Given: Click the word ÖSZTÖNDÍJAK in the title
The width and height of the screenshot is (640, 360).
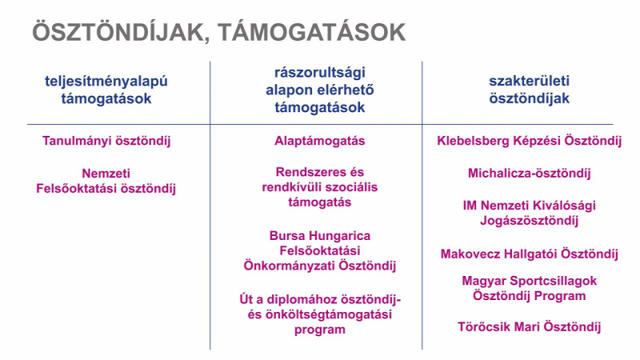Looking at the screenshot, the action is pos(118,31).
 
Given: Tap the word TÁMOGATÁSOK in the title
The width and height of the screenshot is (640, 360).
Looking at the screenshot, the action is pos(311,31).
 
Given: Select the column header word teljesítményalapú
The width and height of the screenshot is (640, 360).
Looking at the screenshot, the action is pos(106,82).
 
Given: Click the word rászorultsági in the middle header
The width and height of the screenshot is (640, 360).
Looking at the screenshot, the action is pos(319,73).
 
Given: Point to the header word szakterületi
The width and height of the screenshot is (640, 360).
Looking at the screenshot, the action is pos(529,81).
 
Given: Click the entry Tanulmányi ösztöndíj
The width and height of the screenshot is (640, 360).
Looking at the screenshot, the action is pos(106,142).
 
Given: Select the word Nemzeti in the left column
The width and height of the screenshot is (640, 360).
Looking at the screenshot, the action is pos(106,174).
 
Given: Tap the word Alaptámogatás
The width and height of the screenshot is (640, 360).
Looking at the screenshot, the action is pos(319,142).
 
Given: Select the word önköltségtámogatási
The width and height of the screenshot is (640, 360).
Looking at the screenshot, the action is pos(329,314).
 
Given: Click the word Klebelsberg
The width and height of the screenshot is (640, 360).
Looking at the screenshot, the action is pos(473,141).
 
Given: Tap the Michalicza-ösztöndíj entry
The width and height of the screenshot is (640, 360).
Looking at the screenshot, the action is pos(529,174).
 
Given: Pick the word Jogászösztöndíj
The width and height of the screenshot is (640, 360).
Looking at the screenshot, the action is pos(529,221).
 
